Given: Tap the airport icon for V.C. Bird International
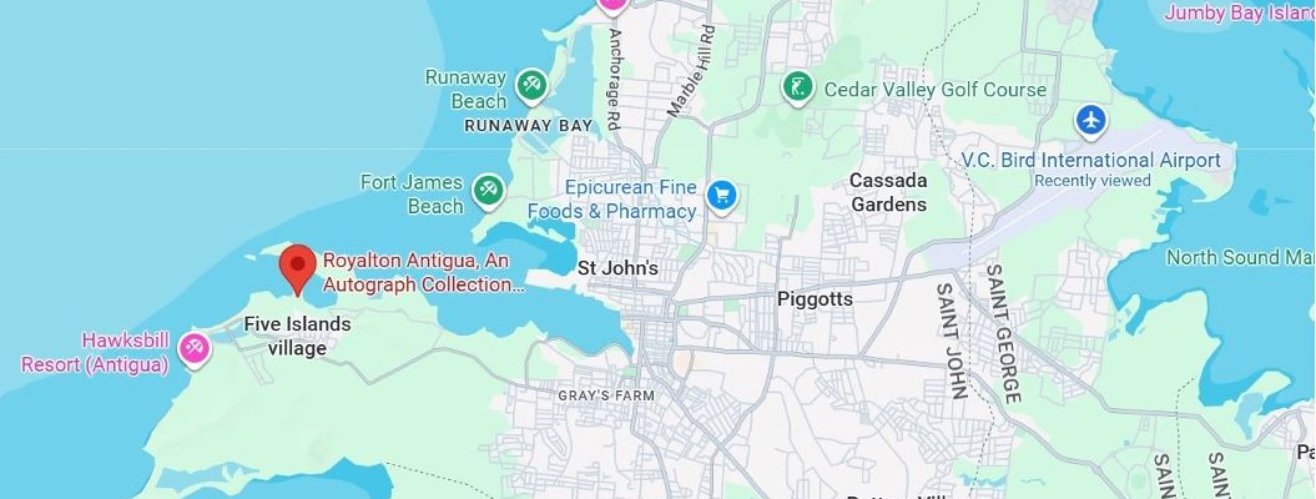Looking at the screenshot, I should [1090, 120].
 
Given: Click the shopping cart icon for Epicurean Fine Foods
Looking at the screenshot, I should [722, 196].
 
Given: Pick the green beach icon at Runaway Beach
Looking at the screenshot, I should [531, 84].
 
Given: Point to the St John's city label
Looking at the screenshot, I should [617, 268].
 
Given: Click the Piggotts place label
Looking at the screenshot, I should [815, 299].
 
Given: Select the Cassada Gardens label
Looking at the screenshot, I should [889, 192].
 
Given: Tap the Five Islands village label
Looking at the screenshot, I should [298, 336].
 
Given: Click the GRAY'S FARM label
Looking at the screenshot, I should [606, 395].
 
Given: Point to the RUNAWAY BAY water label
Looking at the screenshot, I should [528, 125].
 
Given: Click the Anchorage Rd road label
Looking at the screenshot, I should [614, 79].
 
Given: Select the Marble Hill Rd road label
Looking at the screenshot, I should [690, 72].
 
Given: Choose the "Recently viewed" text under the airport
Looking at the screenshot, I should [1092, 181].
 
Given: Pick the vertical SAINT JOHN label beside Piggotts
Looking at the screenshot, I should [952, 341].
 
